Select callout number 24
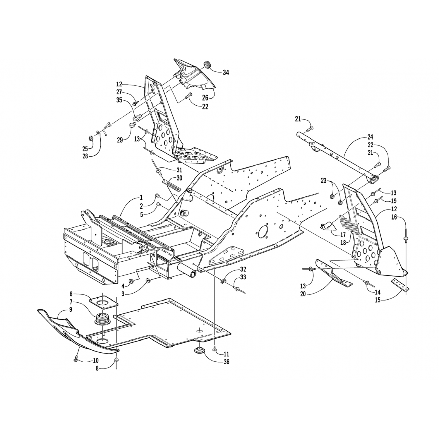coord(370,137)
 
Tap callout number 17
coord(343,234)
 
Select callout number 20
coord(303,293)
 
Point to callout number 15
coord(378,300)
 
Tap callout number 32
coord(243,269)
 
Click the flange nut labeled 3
coord(148,281)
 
